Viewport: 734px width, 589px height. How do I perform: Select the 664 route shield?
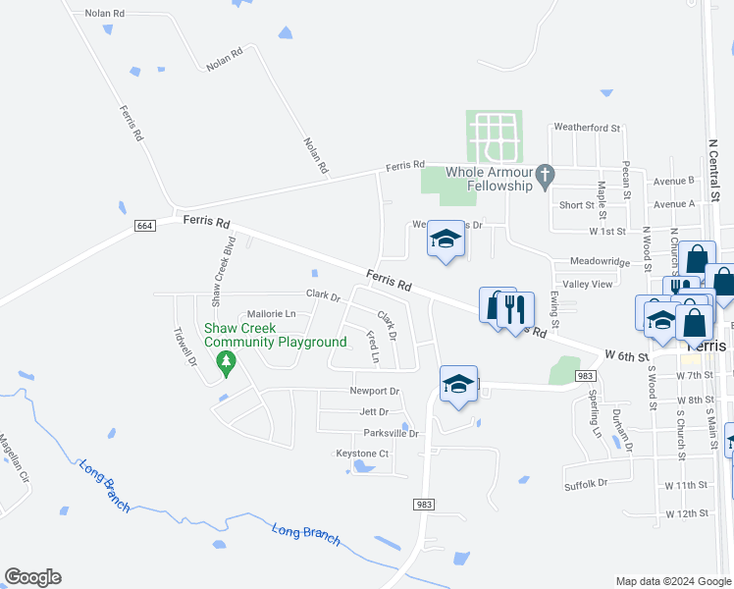click(x=144, y=227)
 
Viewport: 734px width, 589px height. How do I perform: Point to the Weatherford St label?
click(x=588, y=128)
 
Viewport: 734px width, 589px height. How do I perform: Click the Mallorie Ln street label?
click(x=271, y=313)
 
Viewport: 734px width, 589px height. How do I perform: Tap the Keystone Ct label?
click(x=363, y=454)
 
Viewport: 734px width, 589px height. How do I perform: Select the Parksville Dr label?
click(x=391, y=433)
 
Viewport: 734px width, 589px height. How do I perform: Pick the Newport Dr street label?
click(x=375, y=391)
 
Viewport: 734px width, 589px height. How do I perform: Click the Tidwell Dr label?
click(x=185, y=347)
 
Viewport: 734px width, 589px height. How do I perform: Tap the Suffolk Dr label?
click(x=586, y=483)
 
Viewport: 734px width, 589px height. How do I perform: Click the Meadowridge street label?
click(x=600, y=262)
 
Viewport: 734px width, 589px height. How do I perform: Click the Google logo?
click(x=32, y=577)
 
